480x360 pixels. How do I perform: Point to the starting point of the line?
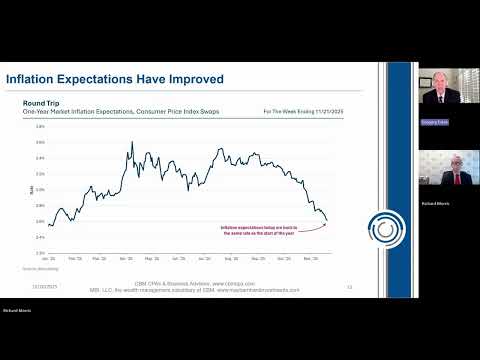(x=37, y=225)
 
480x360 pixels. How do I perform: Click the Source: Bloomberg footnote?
(x=35, y=269)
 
